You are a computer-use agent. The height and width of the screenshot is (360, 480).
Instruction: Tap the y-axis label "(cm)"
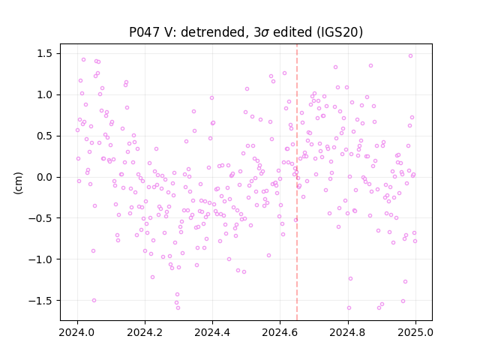18,183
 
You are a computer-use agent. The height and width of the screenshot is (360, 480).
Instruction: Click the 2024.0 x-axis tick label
77,331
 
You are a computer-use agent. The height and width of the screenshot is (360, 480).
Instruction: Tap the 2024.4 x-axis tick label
212,331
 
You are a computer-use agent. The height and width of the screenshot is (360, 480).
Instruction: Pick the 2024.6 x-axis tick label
280,331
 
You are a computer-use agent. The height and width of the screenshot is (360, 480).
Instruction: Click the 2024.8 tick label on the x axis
348,331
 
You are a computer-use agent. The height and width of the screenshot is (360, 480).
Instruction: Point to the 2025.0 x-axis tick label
415,331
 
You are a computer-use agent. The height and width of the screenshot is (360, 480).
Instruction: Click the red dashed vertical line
297,182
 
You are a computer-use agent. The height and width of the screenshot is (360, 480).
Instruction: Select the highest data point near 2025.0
411,55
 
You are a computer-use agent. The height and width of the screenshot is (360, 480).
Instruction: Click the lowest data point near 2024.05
94,300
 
